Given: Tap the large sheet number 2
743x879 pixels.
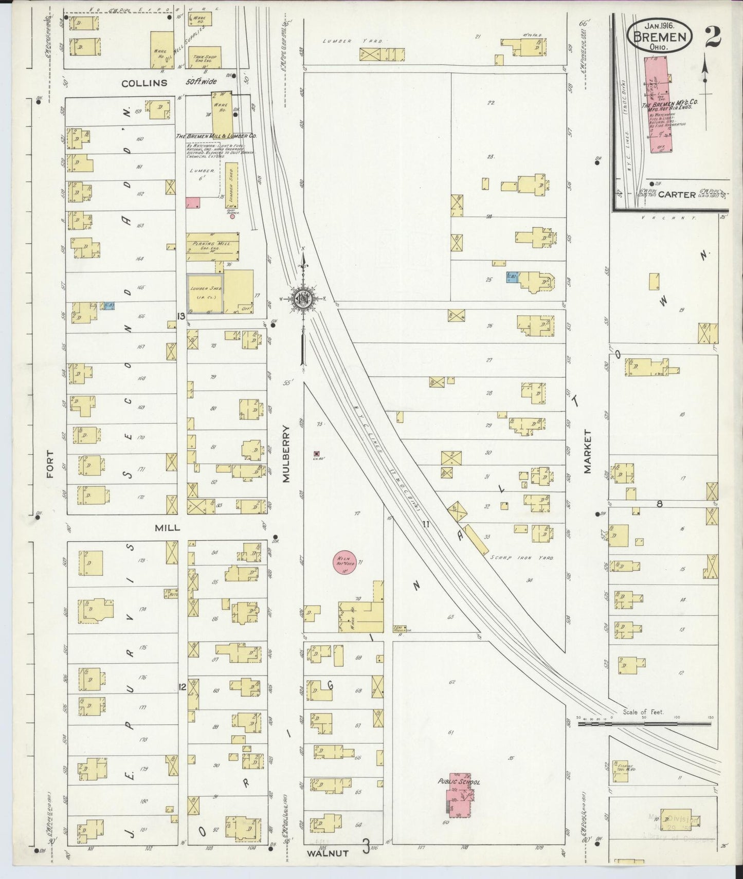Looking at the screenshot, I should [x=712, y=36].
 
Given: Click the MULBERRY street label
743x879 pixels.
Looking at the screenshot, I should [x=286, y=453].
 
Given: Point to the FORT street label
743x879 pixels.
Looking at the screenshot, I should [x=49, y=464].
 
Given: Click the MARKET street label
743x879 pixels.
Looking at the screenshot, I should [x=588, y=451].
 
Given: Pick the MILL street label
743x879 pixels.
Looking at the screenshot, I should [x=168, y=527].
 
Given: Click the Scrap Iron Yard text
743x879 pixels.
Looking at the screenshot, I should [x=521, y=557].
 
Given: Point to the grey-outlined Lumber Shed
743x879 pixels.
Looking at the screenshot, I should [x=205, y=293].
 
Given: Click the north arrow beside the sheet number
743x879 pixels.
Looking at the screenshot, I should [x=705, y=69].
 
